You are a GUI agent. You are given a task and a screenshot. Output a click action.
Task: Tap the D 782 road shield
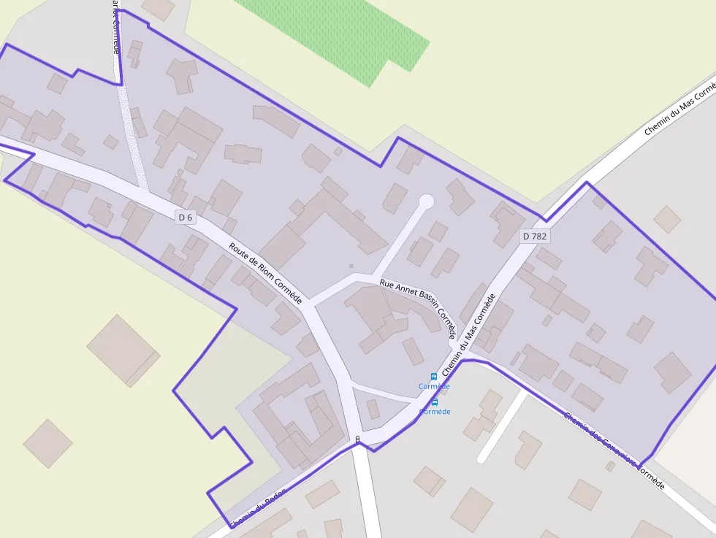[x=534, y=237]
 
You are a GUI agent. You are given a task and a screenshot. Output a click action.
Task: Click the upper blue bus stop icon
[x=434, y=377]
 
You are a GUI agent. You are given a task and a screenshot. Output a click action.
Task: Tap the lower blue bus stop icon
[x=435, y=402]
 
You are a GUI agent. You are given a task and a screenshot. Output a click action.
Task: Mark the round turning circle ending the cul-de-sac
[x=426, y=201]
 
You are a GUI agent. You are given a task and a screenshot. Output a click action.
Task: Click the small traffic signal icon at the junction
[x=357, y=439]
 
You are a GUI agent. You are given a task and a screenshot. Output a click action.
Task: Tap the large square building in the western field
[x=123, y=350]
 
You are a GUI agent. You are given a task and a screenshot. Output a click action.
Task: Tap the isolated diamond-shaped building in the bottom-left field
[x=47, y=443]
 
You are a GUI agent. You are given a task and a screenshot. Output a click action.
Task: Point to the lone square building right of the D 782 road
[x=667, y=218]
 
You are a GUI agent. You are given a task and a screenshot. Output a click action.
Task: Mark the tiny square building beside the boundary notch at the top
[x=338, y=151]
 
